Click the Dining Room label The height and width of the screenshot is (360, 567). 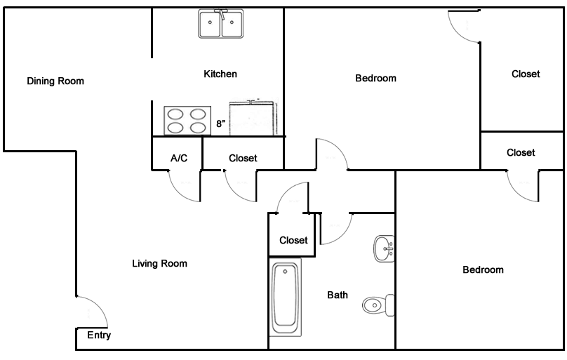pos(55,81)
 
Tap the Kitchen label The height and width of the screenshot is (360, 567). pos(220,74)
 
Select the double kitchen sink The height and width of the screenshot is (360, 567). pos(220,24)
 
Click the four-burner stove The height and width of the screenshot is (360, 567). pos(187,121)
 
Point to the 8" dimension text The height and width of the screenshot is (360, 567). pos(220,124)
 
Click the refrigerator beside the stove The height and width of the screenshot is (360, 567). pos(253,118)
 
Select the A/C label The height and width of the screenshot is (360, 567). pos(179,158)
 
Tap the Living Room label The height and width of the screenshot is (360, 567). pos(159,263)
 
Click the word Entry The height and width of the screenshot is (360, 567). pos(99,335)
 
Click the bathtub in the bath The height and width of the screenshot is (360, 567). pos(286,297)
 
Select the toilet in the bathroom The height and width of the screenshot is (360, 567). pos(378,305)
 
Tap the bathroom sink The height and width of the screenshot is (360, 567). pos(384,248)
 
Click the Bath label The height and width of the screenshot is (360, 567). pos(338,295)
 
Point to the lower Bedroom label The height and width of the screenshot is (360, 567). pos(483,270)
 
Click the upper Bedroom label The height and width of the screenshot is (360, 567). pos(375,79)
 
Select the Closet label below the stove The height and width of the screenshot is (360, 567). pos(243,159)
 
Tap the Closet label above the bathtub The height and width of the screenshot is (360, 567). pos(293,241)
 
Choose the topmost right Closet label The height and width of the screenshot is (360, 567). pos(526,74)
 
